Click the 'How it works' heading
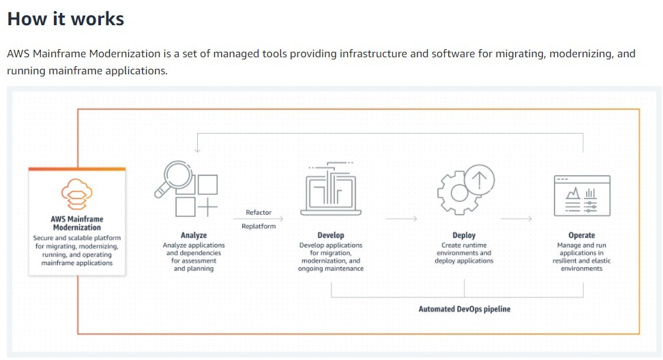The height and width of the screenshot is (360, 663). pos(65,19)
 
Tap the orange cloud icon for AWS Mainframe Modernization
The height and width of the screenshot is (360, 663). pos(77,194)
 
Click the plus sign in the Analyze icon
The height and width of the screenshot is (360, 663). pos(207,207)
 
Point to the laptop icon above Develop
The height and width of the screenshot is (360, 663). pos(331,190)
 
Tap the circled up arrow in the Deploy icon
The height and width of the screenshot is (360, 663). pos(479,179)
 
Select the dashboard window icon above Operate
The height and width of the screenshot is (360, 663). pos(582,196)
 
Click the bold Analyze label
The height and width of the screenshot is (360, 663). pos(194,235)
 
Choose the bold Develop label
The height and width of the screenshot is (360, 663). pos(331,235)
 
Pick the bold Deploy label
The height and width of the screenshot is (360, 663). pos(464,235)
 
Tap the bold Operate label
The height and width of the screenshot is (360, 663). pos(581,235)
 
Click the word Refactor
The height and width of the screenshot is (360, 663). pos(259,212)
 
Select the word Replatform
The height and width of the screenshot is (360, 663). pos(259,226)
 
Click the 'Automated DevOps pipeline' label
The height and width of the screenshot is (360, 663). pos(465,309)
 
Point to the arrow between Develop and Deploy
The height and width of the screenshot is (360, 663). pos(401,218)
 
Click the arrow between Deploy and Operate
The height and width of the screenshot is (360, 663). pos(516,218)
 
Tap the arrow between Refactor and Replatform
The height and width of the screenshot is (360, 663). pos(259,218)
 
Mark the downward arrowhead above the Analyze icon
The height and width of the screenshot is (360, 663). pos(197,149)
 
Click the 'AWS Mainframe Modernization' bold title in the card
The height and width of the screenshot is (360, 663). pos(77,223)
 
